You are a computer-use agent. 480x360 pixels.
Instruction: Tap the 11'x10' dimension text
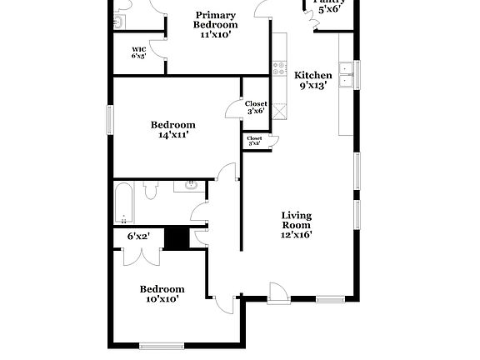point(215,35)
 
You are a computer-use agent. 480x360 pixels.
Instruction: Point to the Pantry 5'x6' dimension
point(326,9)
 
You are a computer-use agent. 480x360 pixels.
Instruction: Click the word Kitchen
point(313,75)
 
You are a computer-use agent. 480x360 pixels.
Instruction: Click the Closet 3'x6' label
point(256,107)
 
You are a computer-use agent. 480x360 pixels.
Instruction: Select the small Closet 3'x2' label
point(255,141)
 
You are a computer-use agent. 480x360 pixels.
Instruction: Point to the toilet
point(151,191)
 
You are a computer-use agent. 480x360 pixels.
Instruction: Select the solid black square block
point(176,238)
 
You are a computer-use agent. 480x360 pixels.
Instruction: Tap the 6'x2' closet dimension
point(137,237)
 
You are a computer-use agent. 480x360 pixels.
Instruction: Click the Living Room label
point(295,220)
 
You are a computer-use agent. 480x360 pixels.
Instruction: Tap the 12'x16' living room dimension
point(295,236)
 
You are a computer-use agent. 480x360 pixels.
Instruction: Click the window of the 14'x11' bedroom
point(108,120)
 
